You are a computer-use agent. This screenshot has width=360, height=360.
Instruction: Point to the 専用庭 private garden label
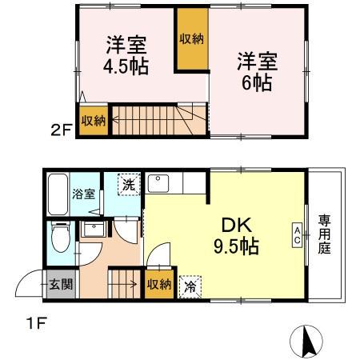(x=325, y=234)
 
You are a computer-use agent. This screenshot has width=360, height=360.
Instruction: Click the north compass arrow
(x=306, y=342)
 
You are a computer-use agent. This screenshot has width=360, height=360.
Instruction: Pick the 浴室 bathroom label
(x=84, y=194)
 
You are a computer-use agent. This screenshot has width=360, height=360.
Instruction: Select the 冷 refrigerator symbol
(x=190, y=283)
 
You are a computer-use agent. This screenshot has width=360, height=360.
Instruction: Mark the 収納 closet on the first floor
(x=158, y=284)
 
